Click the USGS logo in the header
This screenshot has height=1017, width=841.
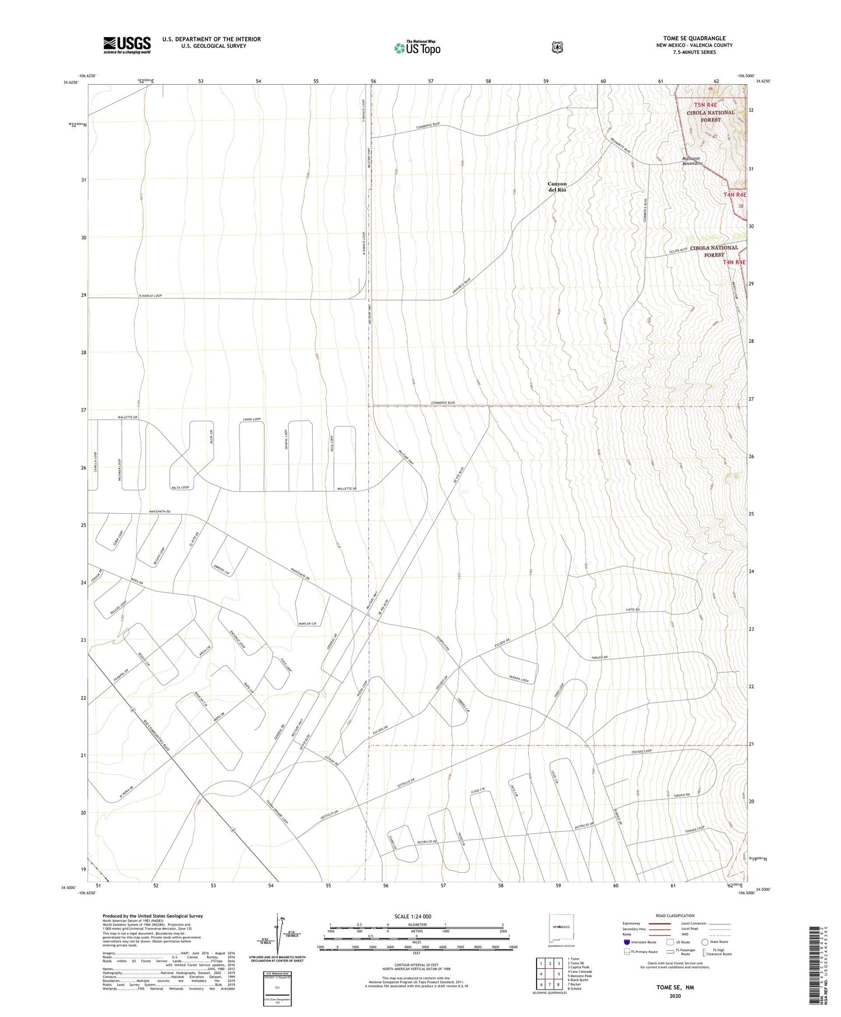(x=127, y=45)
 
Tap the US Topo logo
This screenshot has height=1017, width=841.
(x=417, y=48)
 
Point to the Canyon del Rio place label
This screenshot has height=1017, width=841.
(x=557, y=187)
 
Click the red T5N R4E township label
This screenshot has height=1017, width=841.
(x=705, y=105)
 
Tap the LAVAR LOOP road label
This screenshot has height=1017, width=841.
(x=252, y=419)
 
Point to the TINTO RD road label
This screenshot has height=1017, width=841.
(x=632, y=610)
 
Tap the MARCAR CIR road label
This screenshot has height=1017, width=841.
(x=307, y=623)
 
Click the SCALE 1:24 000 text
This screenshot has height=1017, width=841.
(x=413, y=917)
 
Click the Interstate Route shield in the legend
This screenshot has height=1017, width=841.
(x=627, y=942)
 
